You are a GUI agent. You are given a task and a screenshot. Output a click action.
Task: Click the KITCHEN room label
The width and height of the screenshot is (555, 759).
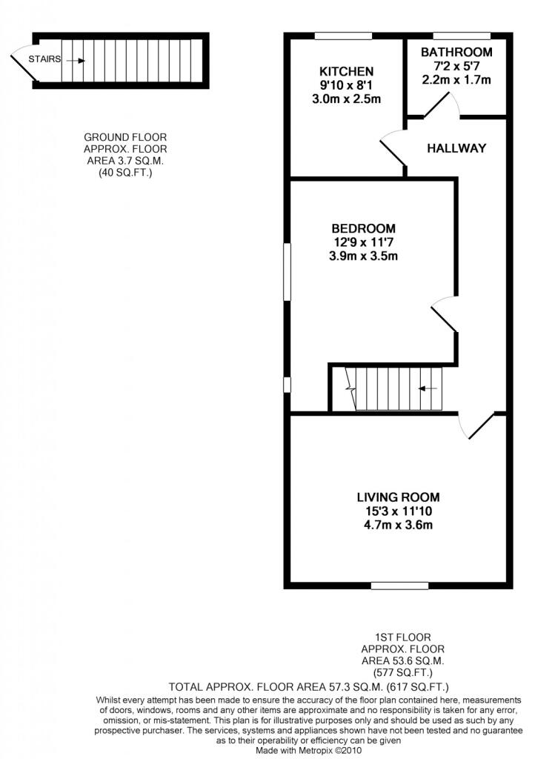click(x=346, y=72)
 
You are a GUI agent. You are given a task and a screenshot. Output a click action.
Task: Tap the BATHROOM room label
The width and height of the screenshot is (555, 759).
click(x=456, y=52)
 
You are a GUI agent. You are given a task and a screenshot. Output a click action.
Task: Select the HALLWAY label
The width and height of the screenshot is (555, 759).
click(x=456, y=148)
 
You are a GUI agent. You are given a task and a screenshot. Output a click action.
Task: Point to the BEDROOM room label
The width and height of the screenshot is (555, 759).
click(x=363, y=228)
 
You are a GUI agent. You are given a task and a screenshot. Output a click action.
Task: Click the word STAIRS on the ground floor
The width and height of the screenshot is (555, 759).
click(x=44, y=59)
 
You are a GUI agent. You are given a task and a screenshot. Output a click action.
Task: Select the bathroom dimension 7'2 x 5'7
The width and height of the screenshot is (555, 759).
click(x=456, y=66)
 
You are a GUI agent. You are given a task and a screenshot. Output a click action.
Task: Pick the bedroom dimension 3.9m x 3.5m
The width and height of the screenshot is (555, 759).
click(x=363, y=256)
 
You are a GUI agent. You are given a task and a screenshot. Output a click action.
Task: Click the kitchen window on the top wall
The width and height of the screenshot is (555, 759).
click(x=343, y=36)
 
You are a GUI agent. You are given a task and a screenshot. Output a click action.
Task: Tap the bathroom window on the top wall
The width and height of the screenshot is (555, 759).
click(x=461, y=36)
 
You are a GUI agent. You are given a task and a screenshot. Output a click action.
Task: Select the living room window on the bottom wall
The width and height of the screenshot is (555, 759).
click(x=399, y=586)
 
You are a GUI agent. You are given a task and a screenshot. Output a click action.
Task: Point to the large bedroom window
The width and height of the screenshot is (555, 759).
click(x=287, y=272)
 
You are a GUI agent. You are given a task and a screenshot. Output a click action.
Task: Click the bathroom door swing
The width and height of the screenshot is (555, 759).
click(x=442, y=107)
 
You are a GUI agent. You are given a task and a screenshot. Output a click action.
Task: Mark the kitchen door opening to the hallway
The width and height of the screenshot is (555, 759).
click(x=393, y=149)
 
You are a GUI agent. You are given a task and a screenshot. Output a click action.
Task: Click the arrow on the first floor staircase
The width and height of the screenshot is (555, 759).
click(x=428, y=388)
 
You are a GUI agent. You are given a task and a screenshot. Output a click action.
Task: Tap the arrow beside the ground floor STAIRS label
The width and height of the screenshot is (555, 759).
click(x=75, y=60)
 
